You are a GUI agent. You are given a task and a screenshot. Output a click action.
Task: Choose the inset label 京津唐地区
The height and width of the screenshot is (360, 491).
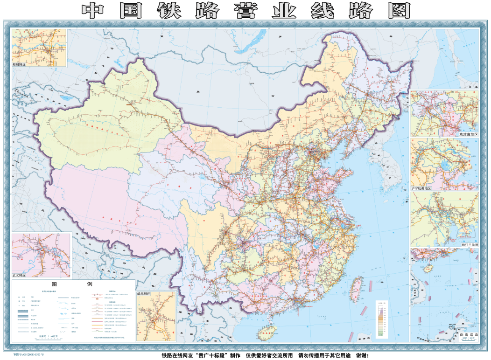(468, 134)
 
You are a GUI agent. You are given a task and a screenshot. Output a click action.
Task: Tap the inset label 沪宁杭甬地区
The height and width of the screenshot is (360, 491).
(421, 188)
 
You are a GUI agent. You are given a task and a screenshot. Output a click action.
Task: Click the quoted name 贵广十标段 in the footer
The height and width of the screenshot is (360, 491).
(208, 355)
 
